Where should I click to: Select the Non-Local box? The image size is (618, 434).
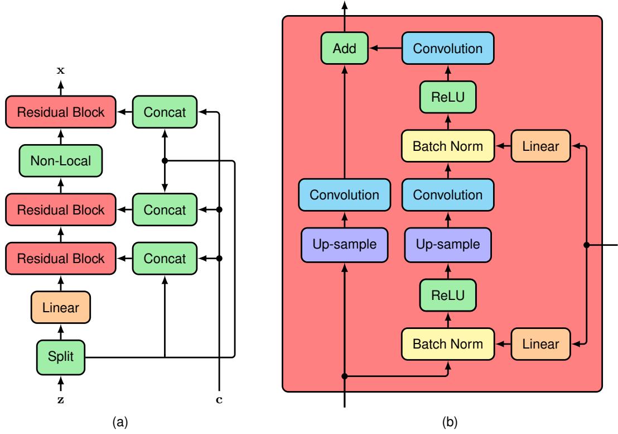pyautogui.click(x=62, y=161)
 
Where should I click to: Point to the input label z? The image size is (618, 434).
pyautogui.click(x=61, y=400)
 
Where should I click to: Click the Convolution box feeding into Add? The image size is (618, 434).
pyautogui.click(x=447, y=48)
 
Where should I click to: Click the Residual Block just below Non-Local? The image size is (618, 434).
pyautogui.click(x=62, y=210)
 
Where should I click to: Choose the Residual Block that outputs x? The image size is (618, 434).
pyautogui.click(x=62, y=112)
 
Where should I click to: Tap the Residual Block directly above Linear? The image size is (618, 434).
pyautogui.click(x=62, y=259)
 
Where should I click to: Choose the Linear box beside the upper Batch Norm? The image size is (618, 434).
pyautogui.click(x=541, y=146)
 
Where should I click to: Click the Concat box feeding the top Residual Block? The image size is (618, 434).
pyautogui.click(x=165, y=112)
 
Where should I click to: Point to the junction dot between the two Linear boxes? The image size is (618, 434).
pyautogui.click(x=586, y=245)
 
